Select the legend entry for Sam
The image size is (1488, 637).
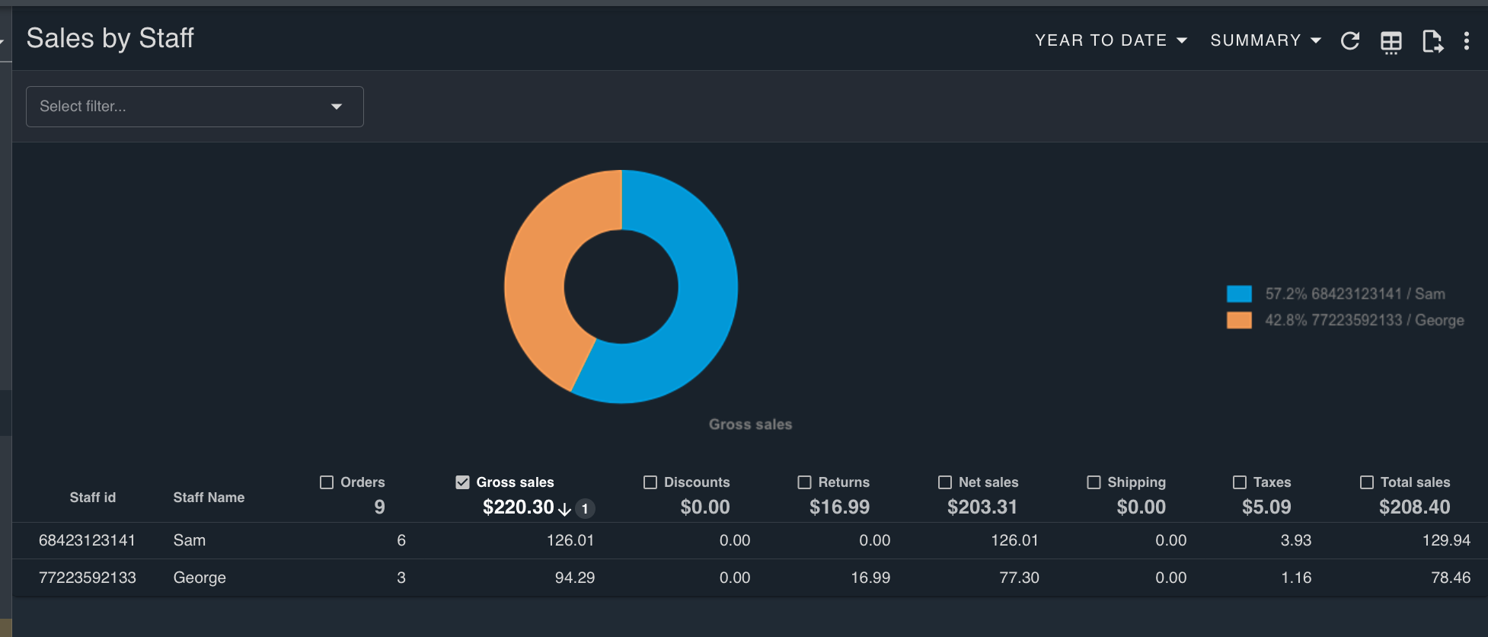(x=1336, y=294)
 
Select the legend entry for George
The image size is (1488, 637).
(x=1345, y=320)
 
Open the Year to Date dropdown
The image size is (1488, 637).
(x=1110, y=40)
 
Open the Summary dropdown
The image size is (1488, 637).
(x=1265, y=40)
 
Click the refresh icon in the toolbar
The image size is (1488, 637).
(x=1350, y=41)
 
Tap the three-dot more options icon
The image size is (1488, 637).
(x=1466, y=41)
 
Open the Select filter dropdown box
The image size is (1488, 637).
(x=195, y=107)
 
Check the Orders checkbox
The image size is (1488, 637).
(x=327, y=482)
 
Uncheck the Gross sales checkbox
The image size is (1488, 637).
(x=462, y=482)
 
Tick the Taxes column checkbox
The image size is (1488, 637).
(x=1240, y=482)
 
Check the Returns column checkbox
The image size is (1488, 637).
(x=804, y=482)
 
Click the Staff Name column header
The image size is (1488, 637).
(x=209, y=498)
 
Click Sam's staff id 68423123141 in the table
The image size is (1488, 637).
(x=87, y=540)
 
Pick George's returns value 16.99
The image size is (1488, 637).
(x=870, y=578)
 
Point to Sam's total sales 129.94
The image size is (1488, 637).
(x=1446, y=540)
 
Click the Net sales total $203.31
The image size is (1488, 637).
(x=982, y=507)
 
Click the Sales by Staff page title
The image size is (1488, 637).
(x=110, y=38)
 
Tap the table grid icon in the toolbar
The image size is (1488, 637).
(x=1391, y=42)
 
